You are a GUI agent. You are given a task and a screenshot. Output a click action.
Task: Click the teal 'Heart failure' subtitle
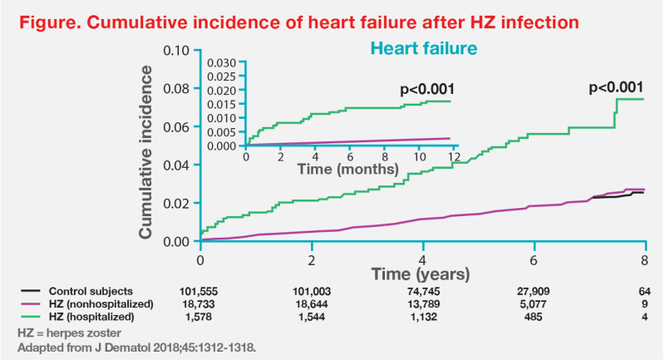tap(424, 50)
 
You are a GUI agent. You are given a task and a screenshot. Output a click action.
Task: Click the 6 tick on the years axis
tap(534, 259)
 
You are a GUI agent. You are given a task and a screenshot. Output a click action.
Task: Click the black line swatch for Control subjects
tap(31, 292)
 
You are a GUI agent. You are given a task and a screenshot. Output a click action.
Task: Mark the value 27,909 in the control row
tap(534, 292)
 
